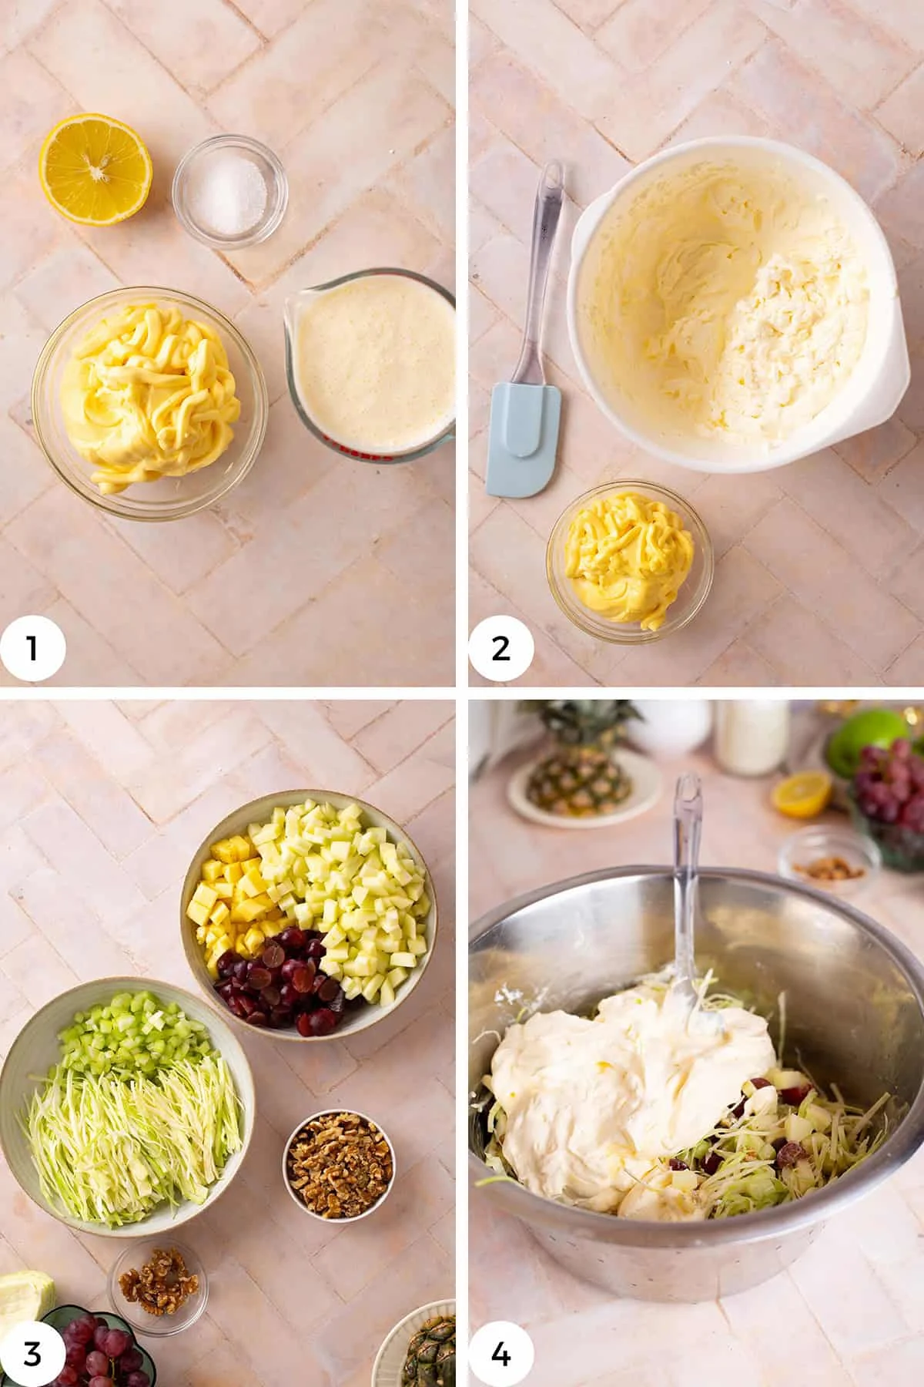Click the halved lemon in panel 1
click(x=95, y=170)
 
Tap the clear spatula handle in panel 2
click(x=544, y=254)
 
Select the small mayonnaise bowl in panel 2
click(x=629, y=559)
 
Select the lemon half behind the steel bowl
click(x=802, y=794)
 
